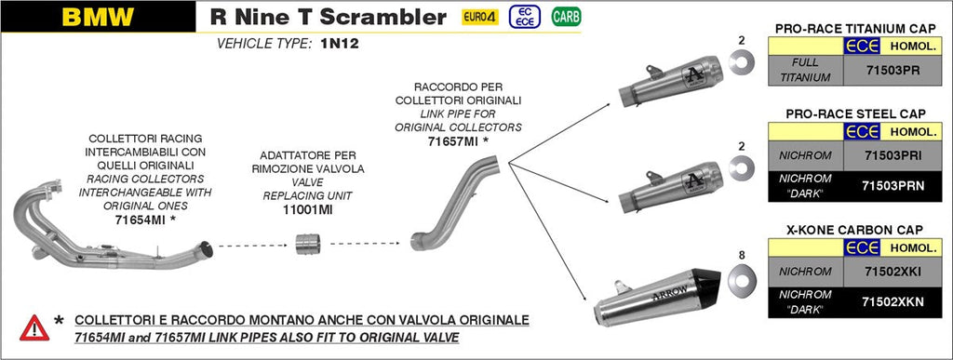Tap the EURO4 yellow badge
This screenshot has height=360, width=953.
[480, 17]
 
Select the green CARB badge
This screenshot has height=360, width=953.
[562, 17]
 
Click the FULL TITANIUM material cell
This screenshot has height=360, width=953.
[806, 69]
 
